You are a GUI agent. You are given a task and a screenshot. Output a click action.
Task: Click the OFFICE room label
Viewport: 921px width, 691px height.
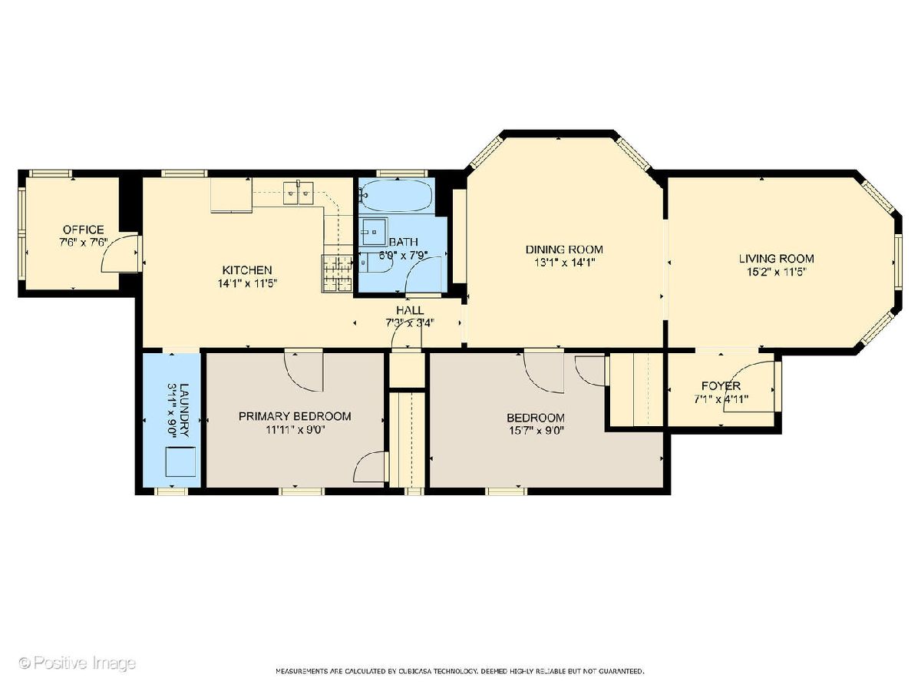[x=83, y=230]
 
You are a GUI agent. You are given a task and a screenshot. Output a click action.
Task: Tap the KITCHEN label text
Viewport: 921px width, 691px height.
[x=247, y=269]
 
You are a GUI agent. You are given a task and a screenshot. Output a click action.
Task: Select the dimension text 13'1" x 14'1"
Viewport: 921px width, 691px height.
[x=564, y=263]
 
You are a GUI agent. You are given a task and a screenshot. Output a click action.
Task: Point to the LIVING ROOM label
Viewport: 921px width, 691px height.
[x=777, y=259]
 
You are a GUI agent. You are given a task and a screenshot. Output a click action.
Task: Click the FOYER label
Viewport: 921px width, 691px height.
[x=721, y=385]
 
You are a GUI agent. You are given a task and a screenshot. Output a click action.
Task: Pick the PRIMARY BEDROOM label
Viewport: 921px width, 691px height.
[x=295, y=416]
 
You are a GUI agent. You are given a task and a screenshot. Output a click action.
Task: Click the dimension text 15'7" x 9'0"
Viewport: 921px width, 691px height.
[x=536, y=431]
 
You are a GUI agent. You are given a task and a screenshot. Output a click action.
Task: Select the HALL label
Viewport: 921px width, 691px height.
[x=410, y=310]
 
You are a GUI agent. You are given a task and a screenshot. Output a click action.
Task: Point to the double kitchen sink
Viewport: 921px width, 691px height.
[x=299, y=193]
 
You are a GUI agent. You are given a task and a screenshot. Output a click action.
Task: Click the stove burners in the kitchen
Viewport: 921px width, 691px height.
[x=337, y=273]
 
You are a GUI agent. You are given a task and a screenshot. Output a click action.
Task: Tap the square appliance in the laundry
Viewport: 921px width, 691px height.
[x=181, y=461]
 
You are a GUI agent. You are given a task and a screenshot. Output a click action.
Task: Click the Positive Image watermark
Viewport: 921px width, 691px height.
[x=78, y=663]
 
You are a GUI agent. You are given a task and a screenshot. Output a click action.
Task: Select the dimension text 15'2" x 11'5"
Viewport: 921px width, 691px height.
[x=777, y=272]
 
